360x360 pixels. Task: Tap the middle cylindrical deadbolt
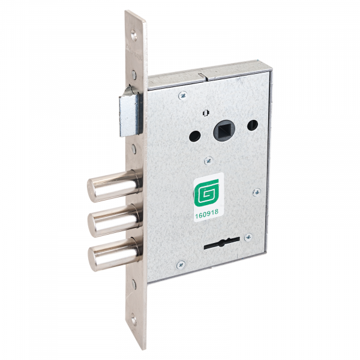(115, 220)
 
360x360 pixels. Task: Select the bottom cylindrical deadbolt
(115, 254)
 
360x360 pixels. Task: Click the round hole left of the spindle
(195, 136)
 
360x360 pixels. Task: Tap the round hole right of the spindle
(253, 125)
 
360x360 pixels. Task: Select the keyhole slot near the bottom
(222, 244)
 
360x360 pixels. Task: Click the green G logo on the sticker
(206, 192)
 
